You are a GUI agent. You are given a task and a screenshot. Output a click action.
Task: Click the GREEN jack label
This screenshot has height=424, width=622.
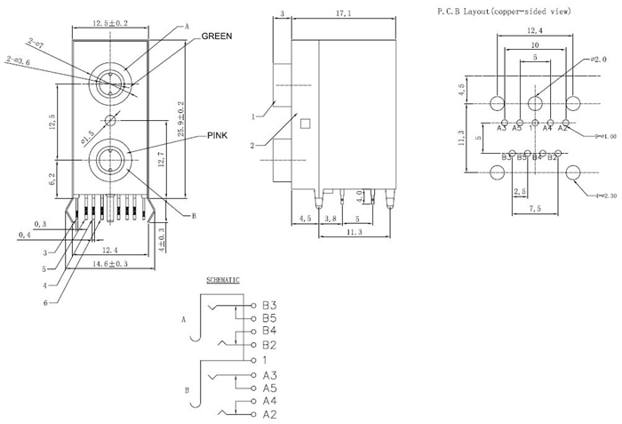coord(217,36)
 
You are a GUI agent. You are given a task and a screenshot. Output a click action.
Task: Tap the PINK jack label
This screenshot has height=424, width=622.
coord(218,135)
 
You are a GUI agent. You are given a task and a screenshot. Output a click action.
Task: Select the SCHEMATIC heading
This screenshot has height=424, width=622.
coord(223,280)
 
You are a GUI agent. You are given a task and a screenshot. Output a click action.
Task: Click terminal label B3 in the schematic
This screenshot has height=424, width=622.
coord(270,305)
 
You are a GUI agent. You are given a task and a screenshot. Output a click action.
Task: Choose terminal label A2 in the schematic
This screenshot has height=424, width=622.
coord(270,414)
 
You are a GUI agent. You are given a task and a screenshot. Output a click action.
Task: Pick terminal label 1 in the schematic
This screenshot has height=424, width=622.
coord(265,360)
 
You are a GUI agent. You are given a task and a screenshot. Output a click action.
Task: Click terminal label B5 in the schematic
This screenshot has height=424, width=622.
coord(270,317)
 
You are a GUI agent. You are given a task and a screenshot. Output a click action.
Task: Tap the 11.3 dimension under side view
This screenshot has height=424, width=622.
coord(354,232)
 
